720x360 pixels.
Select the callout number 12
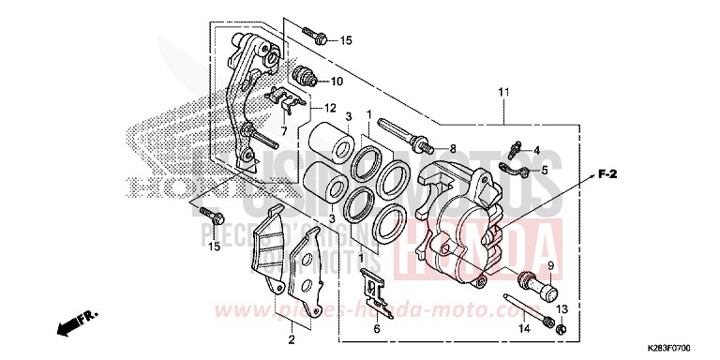tap(330, 108)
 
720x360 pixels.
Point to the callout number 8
tap(451, 149)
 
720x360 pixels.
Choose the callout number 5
tap(543, 170)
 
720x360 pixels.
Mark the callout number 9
tap(551, 266)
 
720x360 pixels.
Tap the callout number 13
tap(562, 310)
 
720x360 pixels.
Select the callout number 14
tap(523, 327)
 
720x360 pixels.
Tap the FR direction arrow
tap(75, 324)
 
